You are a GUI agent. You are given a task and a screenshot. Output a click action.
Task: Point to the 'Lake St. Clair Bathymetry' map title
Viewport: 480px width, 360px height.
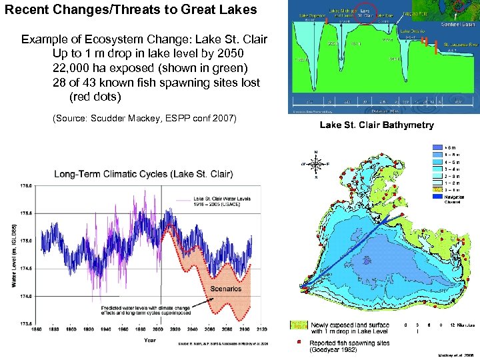[377, 125]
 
